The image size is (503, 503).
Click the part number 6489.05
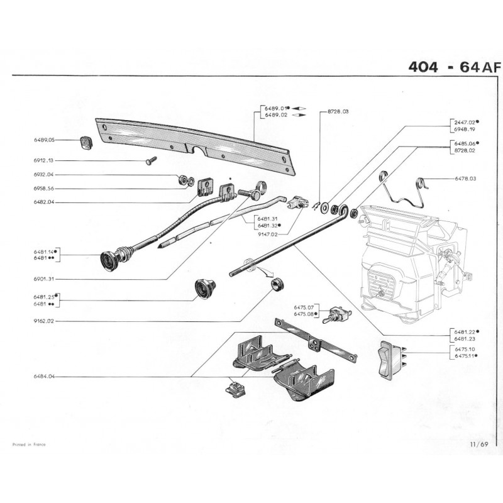[45, 140]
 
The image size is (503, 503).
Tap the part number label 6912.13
[45, 161]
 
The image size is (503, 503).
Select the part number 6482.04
[45, 202]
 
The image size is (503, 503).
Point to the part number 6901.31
[45, 279]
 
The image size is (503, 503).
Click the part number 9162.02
[45, 323]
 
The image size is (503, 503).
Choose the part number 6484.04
[45, 377]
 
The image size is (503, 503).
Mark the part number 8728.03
[338, 111]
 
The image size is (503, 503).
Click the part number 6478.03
[465, 179]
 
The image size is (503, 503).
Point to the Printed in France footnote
[29, 444]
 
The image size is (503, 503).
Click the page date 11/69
[478, 444]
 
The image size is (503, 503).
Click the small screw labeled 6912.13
[151, 162]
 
